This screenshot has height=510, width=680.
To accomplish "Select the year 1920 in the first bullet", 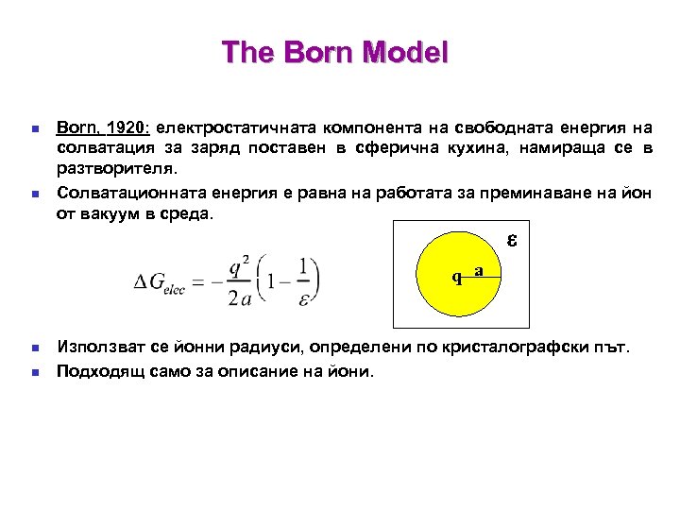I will point(127,127).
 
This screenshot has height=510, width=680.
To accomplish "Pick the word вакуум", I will point(113,213).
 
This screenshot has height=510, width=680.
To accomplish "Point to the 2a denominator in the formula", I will point(240,297).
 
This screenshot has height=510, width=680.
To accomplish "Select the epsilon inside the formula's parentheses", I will point(301,297).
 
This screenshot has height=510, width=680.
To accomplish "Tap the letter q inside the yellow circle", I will point(456,278).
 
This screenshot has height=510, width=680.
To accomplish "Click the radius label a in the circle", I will point(479,270).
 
